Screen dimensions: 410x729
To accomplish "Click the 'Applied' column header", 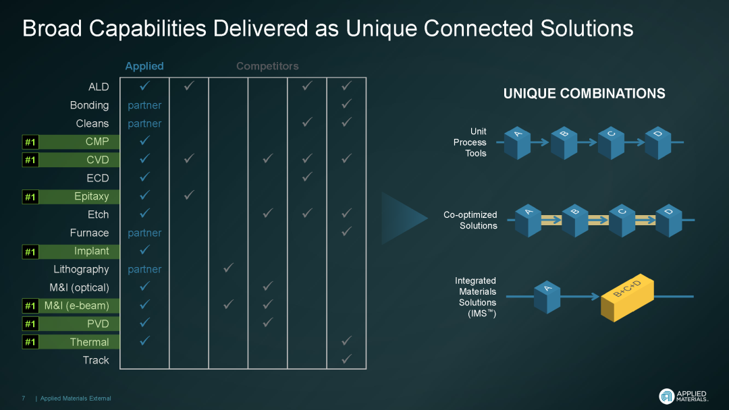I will pos(144,66).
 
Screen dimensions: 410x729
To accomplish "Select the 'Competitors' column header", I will pos(267,66).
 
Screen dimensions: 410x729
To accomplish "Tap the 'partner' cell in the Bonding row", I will pos(144,105).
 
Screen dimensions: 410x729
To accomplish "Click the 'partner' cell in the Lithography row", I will pos(144,269).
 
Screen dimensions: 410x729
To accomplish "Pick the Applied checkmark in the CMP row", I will pos(144,142).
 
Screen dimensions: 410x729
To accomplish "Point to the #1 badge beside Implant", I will pos(30,252).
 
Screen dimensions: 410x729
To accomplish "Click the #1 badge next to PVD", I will pos(30,324).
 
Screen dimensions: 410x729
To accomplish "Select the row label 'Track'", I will pos(96,360).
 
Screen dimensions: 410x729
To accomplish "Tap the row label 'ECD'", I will pos(97,178).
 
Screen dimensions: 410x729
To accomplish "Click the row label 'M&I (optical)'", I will pos(79,287).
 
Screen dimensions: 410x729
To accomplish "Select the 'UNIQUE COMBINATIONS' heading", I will pos(584,94).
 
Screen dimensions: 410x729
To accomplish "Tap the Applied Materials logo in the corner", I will pos(683,396).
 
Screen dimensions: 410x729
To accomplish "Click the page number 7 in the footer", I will pos(24,399).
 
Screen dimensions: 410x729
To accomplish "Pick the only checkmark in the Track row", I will pos(346,360).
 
